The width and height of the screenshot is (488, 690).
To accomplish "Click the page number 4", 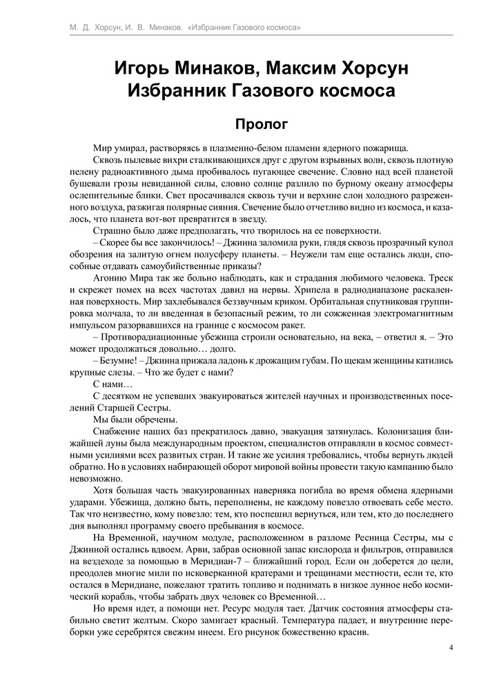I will pyautogui.click(x=451, y=647).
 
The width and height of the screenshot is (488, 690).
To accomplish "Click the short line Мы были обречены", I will pyautogui.click(x=124, y=420).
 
